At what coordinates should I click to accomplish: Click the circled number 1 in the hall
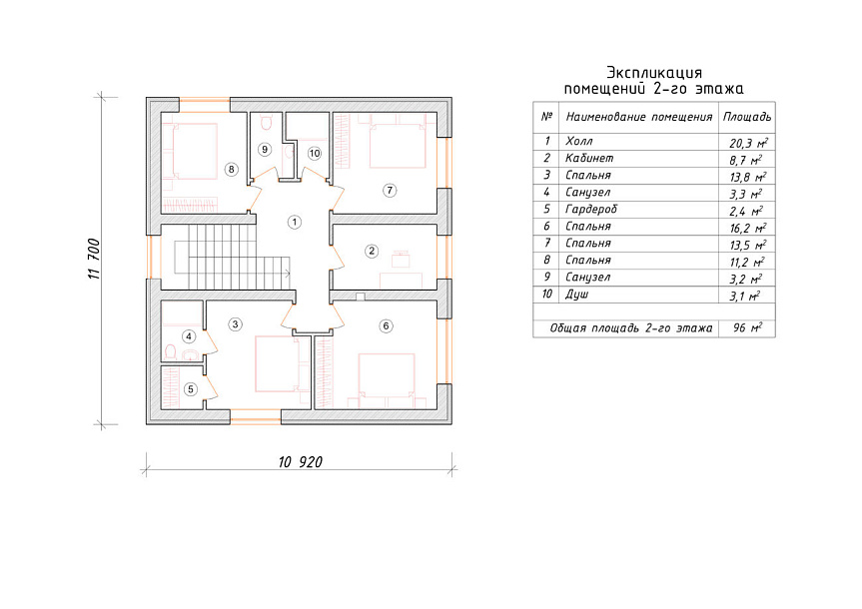pyautogui.click(x=295, y=222)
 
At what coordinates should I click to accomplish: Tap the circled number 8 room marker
pyautogui.click(x=232, y=170)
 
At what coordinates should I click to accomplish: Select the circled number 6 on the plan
pyautogui.click(x=386, y=325)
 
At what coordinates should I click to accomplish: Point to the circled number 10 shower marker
pyautogui.click(x=315, y=154)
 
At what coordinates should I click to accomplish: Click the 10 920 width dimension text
pyautogui.click(x=301, y=462)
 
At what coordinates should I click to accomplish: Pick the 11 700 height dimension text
pyautogui.click(x=95, y=259)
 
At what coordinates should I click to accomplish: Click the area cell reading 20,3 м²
pyautogui.click(x=748, y=143)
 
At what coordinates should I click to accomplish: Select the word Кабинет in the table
pyautogui.click(x=589, y=159)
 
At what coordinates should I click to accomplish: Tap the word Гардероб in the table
pyautogui.click(x=591, y=210)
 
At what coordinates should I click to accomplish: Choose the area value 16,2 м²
pyautogui.click(x=748, y=228)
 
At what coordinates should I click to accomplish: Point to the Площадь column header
pyautogui.click(x=747, y=117)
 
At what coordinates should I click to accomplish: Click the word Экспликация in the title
pyautogui.click(x=654, y=73)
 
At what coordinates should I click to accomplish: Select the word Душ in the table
pyautogui.click(x=577, y=295)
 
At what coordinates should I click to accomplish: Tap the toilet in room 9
pyautogui.click(x=266, y=122)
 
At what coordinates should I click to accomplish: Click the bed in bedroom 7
pyautogui.click(x=398, y=146)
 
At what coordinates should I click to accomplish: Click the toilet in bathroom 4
pyautogui.click(x=171, y=351)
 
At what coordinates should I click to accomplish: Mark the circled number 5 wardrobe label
pyautogui.click(x=191, y=389)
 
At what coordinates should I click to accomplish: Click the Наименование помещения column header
pyautogui.click(x=639, y=117)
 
